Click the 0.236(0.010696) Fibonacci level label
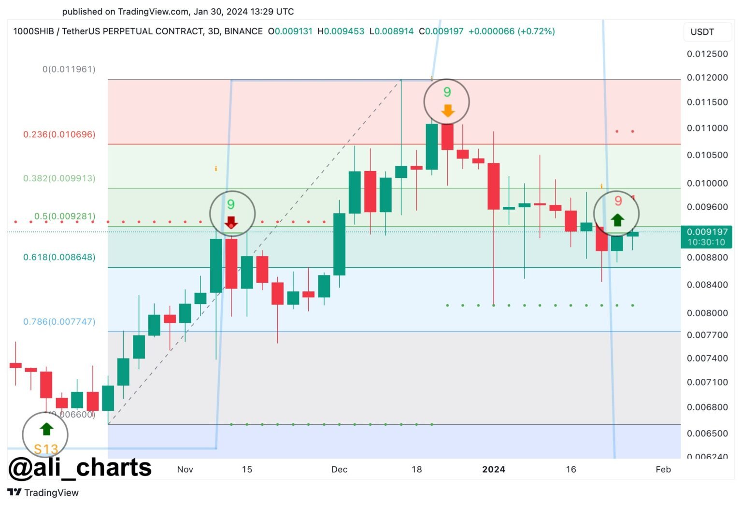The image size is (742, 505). coord(59,134)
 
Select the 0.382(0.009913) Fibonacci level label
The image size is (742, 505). coord(59,178)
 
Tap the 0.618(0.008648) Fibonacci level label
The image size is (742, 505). coord(59,257)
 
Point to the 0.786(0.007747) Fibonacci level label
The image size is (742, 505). coord(59,321)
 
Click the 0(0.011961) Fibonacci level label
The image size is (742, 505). coord(69,69)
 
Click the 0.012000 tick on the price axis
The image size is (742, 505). coord(707,77)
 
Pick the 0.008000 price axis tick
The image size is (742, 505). coord(707,313)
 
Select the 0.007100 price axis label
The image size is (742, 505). coord(707,382)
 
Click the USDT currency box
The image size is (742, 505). coord(702,32)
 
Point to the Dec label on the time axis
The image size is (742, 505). coord(339,469)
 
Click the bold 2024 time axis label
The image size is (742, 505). coord(494,469)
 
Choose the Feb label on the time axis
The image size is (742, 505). coord(663,469)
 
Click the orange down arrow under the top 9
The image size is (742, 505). coord(448,111)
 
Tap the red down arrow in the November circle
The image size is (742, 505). coord(231,222)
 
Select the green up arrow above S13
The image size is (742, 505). coord(46,429)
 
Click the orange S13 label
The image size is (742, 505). coord(46,449)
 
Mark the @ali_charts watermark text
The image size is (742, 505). coord(80,468)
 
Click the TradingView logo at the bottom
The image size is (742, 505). coord(43,492)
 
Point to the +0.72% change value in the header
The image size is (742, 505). coord(536,31)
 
